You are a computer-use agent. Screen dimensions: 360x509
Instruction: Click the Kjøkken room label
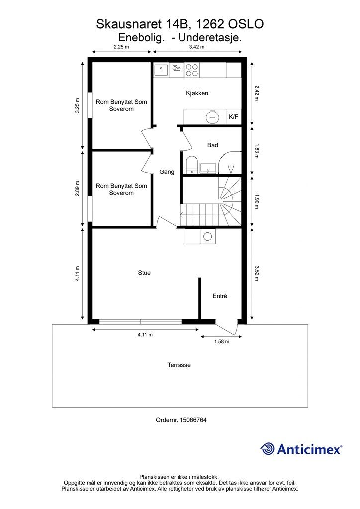(x=197, y=93)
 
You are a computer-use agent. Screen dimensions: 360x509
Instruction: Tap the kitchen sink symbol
(x=161, y=70)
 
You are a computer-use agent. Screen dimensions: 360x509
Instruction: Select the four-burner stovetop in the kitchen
(x=192, y=70)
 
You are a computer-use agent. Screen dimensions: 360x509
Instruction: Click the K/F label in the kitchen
(x=233, y=117)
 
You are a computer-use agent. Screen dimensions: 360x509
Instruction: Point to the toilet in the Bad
(x=192, y=165)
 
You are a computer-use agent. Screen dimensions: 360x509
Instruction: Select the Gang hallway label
(x=167, y=172)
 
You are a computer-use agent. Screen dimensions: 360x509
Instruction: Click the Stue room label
(x=144, y=273)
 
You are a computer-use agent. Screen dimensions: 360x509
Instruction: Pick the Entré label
(x=220, y=296)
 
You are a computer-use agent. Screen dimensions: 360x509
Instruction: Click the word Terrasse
(x=179, y=365)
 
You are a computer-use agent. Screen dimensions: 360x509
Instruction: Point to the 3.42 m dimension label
(x=197, y=47)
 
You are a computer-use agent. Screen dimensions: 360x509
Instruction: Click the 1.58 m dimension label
(x=222, y=342)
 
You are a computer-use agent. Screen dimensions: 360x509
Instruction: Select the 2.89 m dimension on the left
(x=77, y=188)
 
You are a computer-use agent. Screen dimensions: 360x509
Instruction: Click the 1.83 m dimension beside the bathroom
(x=257, y=151)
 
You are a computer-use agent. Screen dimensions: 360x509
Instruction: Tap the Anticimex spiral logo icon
(x=268, y=449)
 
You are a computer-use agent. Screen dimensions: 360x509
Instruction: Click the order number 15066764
(x=193, y=420)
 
